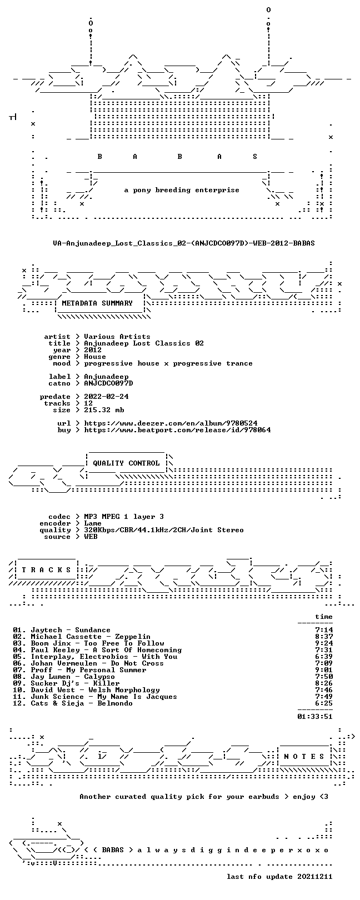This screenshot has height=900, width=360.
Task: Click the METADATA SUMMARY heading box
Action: [97, 303]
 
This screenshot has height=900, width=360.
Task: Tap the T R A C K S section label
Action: [46, 570]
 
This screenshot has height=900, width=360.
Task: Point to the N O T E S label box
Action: [304, 757]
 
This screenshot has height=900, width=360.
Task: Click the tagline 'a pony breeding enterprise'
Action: [182, 190]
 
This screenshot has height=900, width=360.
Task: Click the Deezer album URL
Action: [171, 423]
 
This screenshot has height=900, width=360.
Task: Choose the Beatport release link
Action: [177, 430]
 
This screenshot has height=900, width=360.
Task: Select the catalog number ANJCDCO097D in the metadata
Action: [108, 383]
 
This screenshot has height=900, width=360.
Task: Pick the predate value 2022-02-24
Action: [107, 397]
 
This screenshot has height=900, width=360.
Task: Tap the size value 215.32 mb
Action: [104, 410]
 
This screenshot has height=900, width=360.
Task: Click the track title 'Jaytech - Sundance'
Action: [71, 630]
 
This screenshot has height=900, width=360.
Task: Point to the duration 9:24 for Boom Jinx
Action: [324, 643]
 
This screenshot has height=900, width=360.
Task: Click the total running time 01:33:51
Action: [315, 716]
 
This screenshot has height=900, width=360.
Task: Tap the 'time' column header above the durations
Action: [324, 617]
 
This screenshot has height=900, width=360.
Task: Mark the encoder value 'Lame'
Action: [93, 523]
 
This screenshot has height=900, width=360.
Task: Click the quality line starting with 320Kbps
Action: [164, 530]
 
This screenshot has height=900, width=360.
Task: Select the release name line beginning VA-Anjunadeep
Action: [184, 243]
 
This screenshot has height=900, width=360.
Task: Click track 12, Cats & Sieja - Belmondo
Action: [73, 703]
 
